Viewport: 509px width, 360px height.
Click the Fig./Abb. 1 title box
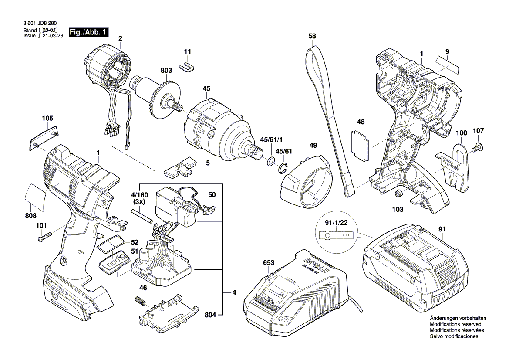(x=89, y=32)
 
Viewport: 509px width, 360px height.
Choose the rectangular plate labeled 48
(x=360, y=143)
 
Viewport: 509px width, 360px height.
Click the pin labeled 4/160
(x=142, y=214)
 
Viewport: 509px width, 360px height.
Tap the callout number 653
(x=269, y=263)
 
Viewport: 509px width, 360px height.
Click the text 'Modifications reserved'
(x=455, y=325)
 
